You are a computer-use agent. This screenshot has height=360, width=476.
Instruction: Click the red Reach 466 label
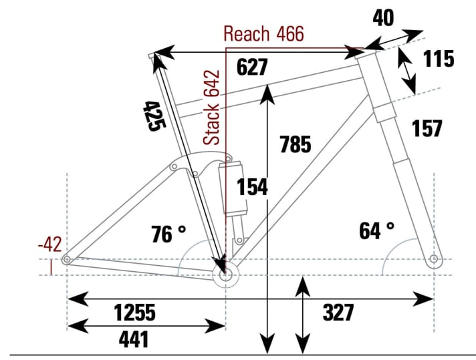[263, 34]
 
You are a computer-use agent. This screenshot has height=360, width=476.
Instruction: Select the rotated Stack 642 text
[212, 107]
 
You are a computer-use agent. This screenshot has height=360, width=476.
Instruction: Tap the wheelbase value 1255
[134, 312]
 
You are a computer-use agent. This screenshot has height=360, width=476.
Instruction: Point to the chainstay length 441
[133, 339]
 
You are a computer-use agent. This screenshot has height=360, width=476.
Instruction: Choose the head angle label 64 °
[376, 231]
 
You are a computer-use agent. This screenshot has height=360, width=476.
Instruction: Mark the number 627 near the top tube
[252, 67]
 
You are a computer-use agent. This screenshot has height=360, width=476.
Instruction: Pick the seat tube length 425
[152, 116]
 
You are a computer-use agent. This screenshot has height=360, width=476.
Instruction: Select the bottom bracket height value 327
[338, 312]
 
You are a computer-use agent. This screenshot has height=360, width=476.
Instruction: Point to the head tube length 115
[438, 59]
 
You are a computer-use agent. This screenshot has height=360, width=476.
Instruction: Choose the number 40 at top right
[383, 18]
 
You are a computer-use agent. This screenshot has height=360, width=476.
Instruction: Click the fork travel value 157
[427, 128]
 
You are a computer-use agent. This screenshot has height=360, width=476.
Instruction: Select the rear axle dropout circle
[67, 258]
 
